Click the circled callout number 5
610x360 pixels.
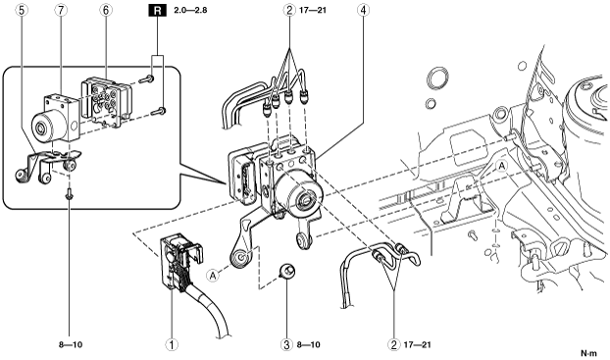[22, 10]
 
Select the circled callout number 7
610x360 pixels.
[60, 10]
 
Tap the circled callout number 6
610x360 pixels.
[106, 10]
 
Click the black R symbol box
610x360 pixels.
[157, 10]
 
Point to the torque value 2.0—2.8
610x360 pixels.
[190, 10]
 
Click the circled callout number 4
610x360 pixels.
[363, 10]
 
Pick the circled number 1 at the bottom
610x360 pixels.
[172, 344]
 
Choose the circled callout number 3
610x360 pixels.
[286, 344]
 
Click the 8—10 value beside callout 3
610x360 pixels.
[309, 344]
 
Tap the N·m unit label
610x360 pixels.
[588, 353]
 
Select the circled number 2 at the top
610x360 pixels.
[289, 10]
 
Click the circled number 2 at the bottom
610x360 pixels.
[393, 344]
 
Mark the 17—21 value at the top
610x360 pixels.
[313, 10]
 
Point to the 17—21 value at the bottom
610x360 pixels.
[418, 344]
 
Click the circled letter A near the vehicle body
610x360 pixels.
[502, 166]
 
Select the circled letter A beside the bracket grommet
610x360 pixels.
[213, 276]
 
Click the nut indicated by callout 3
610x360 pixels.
[287, 271]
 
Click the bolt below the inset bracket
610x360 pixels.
[70, 193]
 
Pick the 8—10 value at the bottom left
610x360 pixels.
[71, 344]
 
